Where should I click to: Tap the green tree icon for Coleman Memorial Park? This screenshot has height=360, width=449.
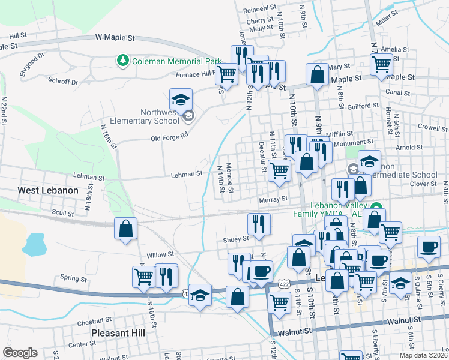pyautogui.click(x=123, y=61)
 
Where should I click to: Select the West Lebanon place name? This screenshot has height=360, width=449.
pyautogui.click(x=48, y=190)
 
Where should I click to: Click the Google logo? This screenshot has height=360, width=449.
pyautogui.click(x=20, y=353)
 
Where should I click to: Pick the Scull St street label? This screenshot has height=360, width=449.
pyautogui.click(x=62, y=213)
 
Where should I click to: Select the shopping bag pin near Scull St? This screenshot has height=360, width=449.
pyautogui.click(x=125, y=229)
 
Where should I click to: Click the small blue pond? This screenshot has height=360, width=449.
pyautogui.click(x=35, y=244)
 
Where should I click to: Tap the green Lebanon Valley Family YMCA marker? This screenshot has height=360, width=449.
pyautogui.click(x=376, y=208)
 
